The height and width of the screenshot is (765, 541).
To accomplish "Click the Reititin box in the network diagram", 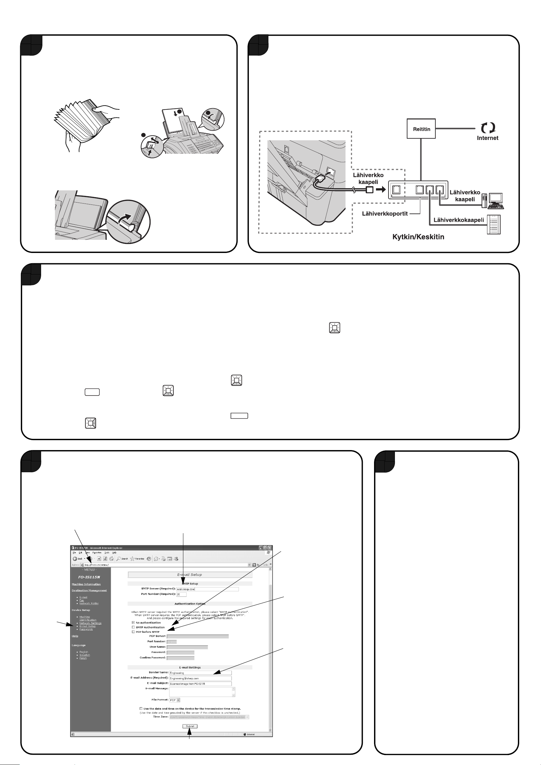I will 421,129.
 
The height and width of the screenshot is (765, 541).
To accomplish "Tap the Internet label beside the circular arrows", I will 487,138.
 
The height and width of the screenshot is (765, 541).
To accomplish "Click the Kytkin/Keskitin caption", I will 418,237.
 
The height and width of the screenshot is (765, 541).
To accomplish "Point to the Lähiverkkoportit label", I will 385,213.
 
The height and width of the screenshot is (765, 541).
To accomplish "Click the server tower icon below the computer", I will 493,225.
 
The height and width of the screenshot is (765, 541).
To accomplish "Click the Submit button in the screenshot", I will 190,726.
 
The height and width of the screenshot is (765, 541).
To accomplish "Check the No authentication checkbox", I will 133,622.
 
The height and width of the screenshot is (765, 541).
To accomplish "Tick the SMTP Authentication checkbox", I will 133,627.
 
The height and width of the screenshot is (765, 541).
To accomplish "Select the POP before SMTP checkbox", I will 133,632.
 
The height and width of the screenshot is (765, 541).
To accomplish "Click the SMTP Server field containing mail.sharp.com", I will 207,589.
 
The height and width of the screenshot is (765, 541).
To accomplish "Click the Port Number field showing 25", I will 181,594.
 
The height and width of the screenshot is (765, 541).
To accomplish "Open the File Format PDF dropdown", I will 175,700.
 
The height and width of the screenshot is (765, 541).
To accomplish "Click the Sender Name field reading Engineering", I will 200,673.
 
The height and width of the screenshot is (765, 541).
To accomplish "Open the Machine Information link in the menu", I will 86,584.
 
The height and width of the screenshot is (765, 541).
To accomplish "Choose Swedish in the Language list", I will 85,655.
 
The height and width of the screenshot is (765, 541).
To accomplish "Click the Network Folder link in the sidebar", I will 89,604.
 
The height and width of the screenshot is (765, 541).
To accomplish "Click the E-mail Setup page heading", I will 190,574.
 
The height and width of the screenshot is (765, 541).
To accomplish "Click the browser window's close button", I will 270,548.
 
